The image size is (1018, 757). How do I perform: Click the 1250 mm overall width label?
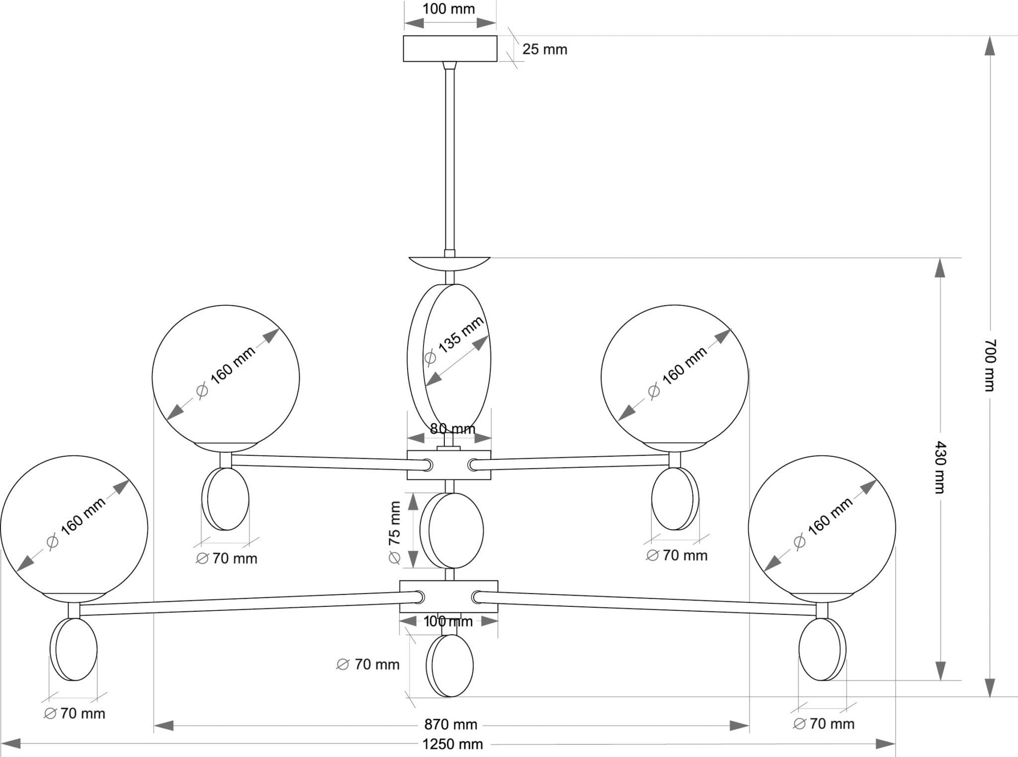pyautogui.click(x=453, y=744)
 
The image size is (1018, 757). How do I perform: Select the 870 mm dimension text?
pyautogui.click(x=450, y=724)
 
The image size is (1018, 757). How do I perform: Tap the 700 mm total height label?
pyautogui.click(x=989, y=365)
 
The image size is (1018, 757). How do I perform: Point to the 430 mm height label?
pyautogui.click(x=940, y=467)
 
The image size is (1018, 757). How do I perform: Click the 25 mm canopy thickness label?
pyautogui.click(x=545, y=49)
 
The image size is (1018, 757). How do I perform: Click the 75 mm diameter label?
pyautogui.click(x=395, y=532)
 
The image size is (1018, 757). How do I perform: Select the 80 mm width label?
pyautogui.click(x=453, y=429)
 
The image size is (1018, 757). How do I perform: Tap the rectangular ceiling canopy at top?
pyautogui.click(x=450, y=48)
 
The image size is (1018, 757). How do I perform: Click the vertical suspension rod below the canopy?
pyautogui.click(x=450, y=159)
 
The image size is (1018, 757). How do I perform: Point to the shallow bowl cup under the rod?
pyautogui.click(x=449, y=265)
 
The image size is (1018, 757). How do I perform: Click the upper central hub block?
pyautogui.click(x=449, y=465)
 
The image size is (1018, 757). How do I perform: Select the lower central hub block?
pyautogui.click(x=448, y=596)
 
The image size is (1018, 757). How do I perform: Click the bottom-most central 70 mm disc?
pyautogui.click(x=450, y=665)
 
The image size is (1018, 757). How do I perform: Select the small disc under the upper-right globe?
pyautogui.click(x=675, y=499)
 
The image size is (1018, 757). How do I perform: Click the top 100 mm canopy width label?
pyautogui.click(x=449, y=9)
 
